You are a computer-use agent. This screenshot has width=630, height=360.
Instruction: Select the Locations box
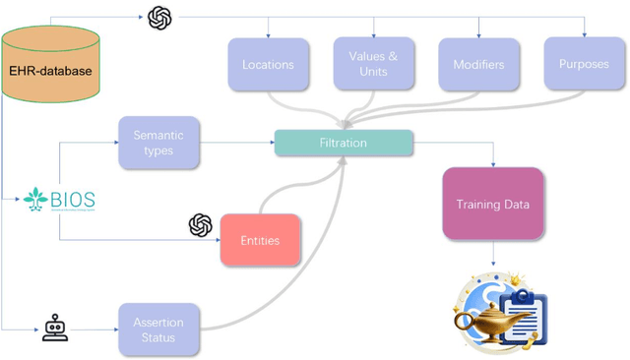click(268, 65)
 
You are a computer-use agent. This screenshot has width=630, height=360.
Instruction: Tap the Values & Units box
click(373, 64)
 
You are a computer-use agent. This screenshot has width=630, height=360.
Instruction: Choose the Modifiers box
click(478, 65)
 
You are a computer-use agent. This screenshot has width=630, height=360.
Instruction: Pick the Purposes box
click(584, 65)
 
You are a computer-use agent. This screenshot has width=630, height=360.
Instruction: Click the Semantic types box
click(158, 144)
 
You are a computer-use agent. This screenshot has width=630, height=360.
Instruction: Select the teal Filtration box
click(343, 144)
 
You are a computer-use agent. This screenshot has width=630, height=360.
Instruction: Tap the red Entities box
click(260, 240)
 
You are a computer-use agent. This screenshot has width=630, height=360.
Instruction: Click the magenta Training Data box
click(492, 205)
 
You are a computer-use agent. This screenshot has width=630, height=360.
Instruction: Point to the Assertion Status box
click(158, 330)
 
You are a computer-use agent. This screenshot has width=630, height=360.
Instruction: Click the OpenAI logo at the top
click(159, 17)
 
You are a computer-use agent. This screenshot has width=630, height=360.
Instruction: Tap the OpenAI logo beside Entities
click(201, 225)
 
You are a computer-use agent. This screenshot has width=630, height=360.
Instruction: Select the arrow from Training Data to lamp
click(492, 254)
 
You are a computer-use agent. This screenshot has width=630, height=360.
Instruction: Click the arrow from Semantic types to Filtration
click(236, 144)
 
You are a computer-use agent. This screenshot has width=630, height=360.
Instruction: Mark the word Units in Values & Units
click(373, 72)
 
